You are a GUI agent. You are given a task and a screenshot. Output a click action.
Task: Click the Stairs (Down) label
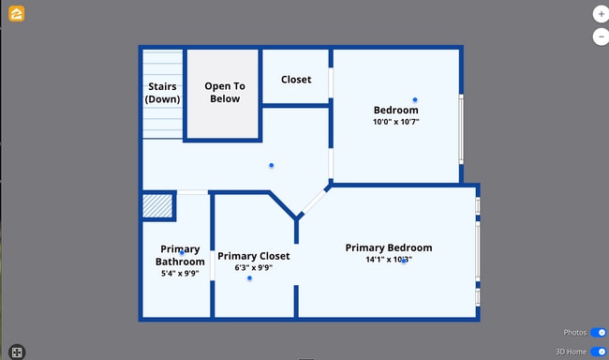coord(162,93)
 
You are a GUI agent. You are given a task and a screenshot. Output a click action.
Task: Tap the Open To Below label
coord(223,92)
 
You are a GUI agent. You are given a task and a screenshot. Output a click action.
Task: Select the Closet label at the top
coord(296,80)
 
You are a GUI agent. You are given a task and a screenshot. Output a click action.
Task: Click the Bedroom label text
coord(396,111)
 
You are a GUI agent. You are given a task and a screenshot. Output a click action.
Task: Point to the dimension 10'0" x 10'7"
coord(396,122)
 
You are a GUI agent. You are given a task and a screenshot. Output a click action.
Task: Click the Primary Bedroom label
coord(389,247)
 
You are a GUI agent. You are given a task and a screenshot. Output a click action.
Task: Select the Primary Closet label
coord(254,256)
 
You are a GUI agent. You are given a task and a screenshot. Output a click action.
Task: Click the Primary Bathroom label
coord(180,255)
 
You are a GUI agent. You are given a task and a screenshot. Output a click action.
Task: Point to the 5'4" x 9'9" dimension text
coord(180,274)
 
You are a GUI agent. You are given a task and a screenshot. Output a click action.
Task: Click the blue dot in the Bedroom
coord(415,99)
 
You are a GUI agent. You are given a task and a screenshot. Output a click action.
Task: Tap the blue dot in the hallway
coord(272,165)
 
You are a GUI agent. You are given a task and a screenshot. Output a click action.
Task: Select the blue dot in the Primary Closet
coord(249,278)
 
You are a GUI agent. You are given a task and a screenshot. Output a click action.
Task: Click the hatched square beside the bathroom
coord(158,206)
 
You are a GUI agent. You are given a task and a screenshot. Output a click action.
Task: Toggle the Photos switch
coord(598,333)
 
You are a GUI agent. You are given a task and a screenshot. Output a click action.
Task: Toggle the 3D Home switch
coord(598,352)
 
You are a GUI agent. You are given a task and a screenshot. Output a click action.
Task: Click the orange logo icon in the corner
coord(17,14)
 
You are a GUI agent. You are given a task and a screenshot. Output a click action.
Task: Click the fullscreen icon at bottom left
coord(17,352)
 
